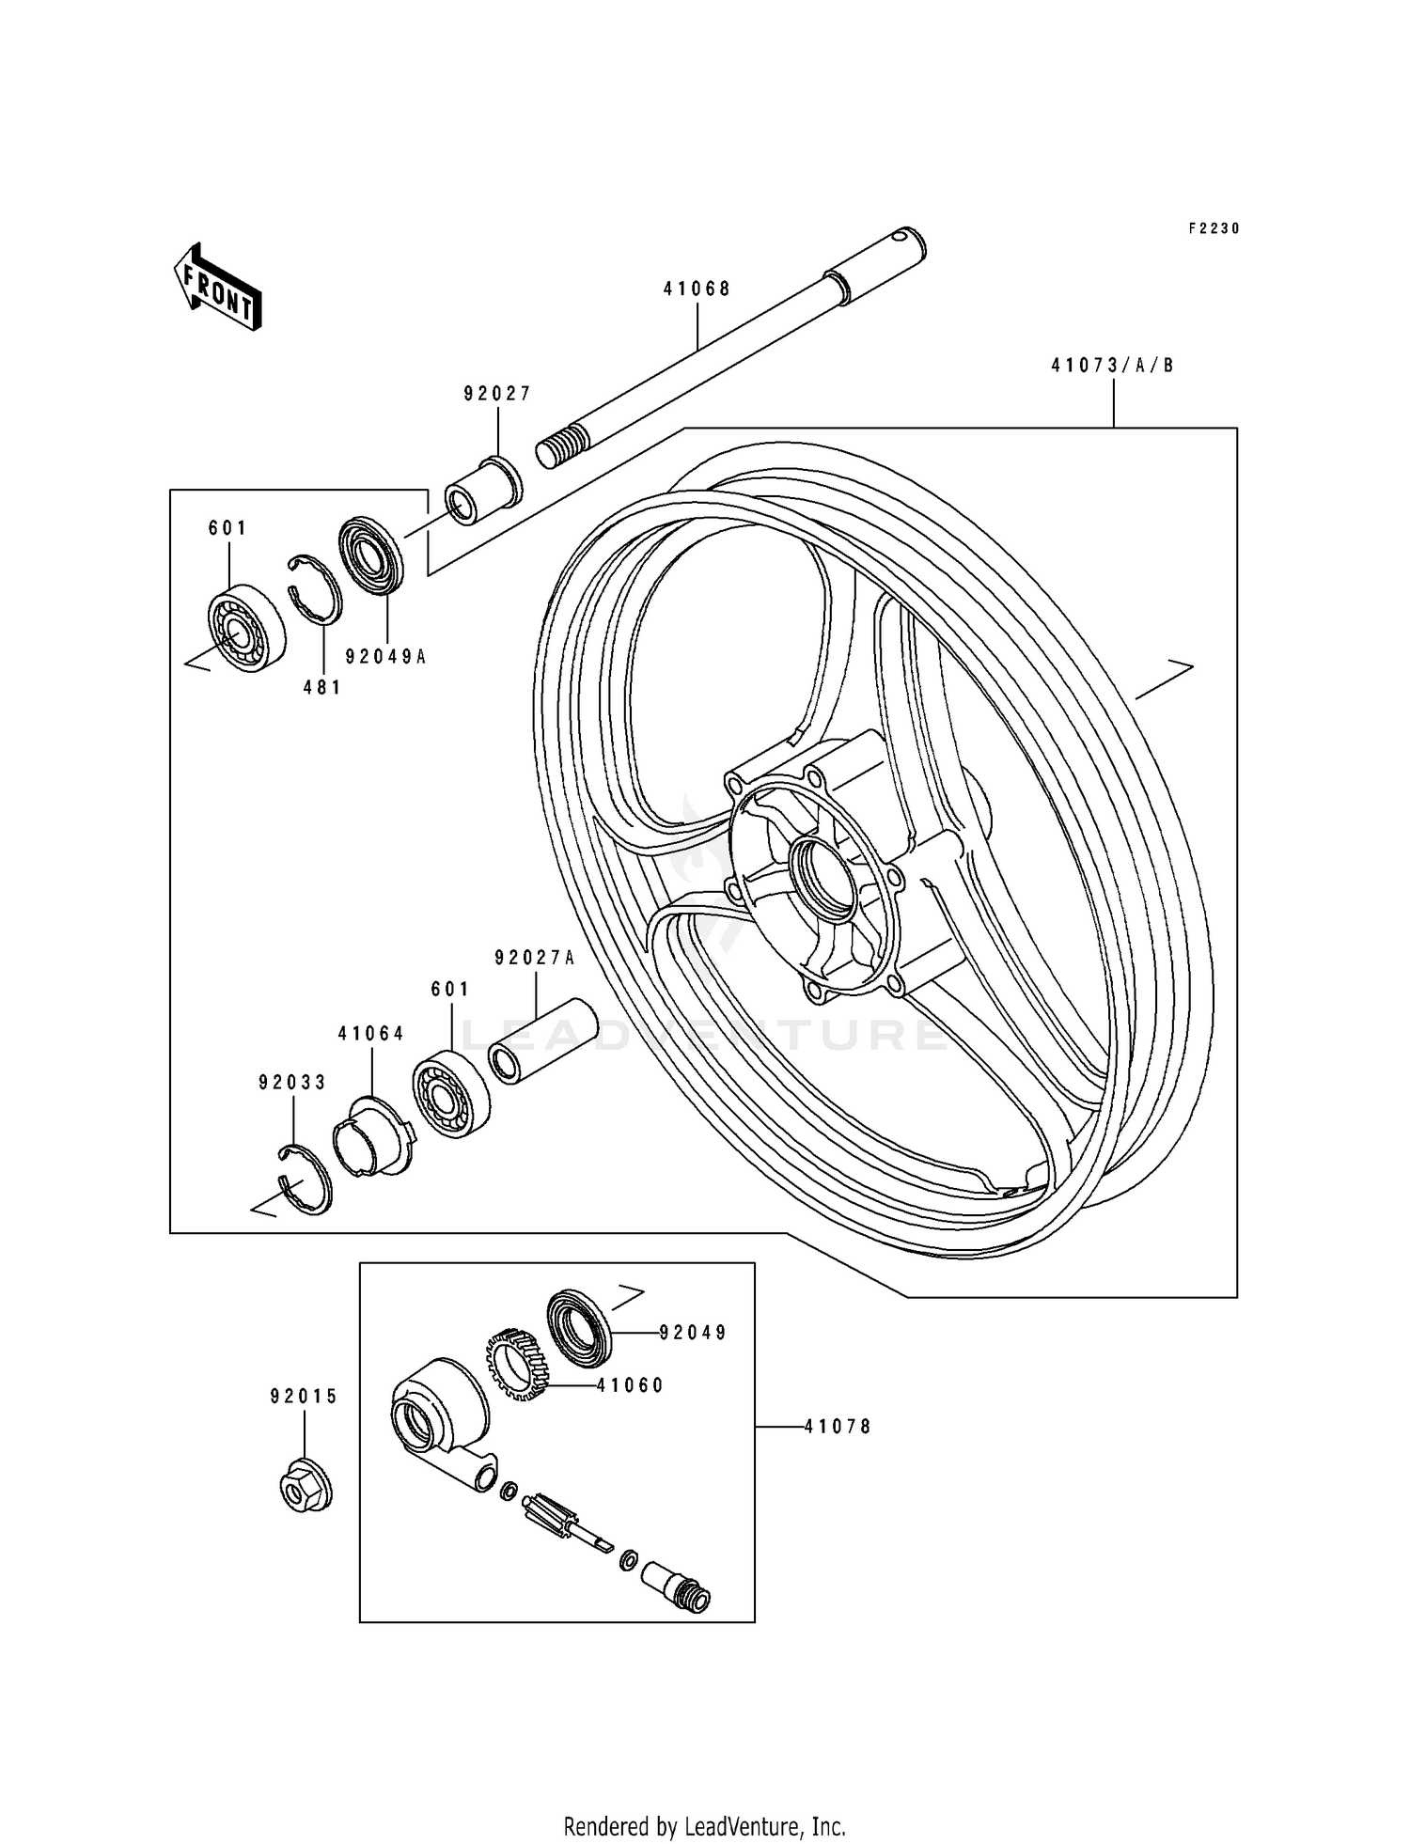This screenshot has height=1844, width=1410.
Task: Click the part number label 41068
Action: tap(697, 289)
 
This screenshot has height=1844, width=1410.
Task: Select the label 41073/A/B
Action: tap(1113, 367)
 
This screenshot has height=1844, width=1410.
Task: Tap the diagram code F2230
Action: tap(1214, 228)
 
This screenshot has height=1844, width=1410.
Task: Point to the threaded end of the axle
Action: tap(556, 448)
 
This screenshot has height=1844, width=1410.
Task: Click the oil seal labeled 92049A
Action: tap(370, 555)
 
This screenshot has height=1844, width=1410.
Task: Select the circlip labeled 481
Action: tap(315, 589)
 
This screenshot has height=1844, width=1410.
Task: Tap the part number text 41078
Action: tap(838, 1427)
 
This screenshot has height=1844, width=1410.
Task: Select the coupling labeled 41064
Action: tap(372, 1136)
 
